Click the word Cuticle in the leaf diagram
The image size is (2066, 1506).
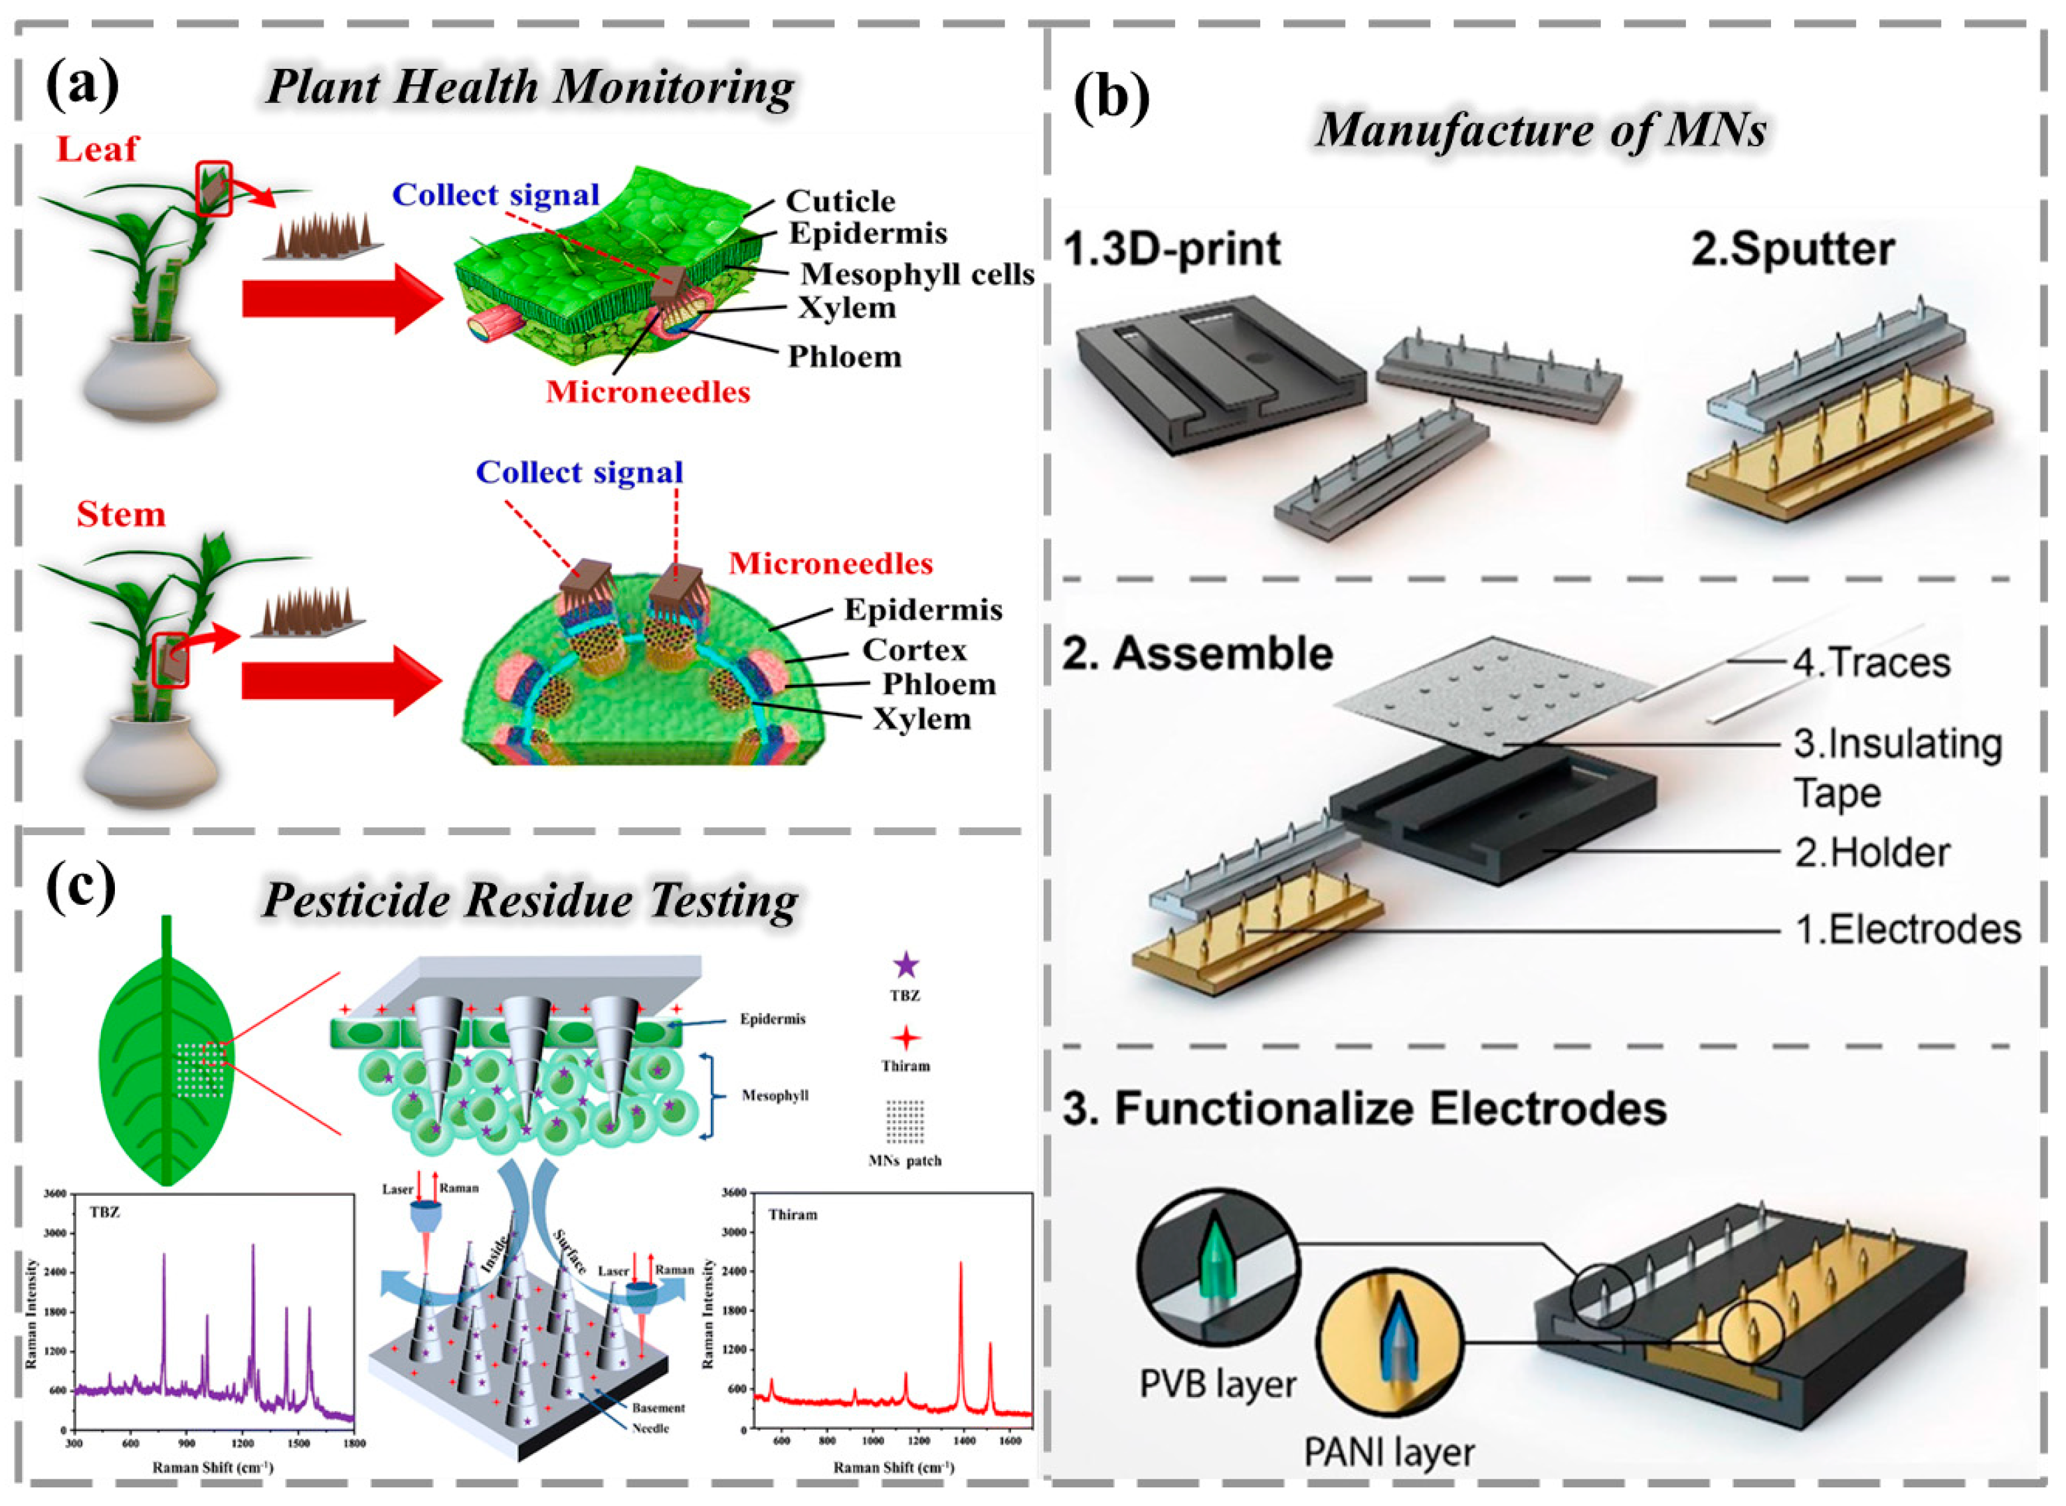click(x=840, y=201)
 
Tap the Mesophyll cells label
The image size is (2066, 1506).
click(x=916, y=274)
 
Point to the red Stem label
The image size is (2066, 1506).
click(x=120, y=514)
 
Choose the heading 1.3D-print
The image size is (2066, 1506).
click(x=1172, y=250)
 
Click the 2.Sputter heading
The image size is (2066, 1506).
click(x=1792, y=250)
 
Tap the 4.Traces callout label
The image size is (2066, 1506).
click(x=1871, y=663)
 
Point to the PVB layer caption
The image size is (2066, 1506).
click(x=1217, y=1384)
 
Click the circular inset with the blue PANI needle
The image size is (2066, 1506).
click(x=1388, y=1344)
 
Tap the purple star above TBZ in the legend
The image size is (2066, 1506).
click(x=905, y=965)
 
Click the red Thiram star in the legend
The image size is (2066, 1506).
click(x=905, y=1038)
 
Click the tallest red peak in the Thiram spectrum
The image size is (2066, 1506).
click(x=960, y=1266)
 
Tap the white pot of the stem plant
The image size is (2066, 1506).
click(x=150, y=762)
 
